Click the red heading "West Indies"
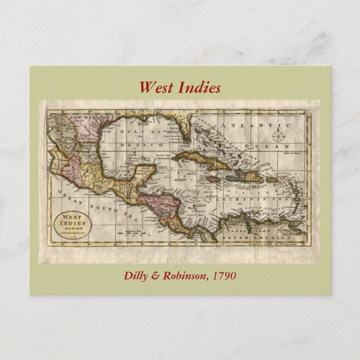coord(180,88)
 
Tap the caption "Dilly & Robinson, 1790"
coord(180,276)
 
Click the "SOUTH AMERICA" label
coord(244,239)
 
